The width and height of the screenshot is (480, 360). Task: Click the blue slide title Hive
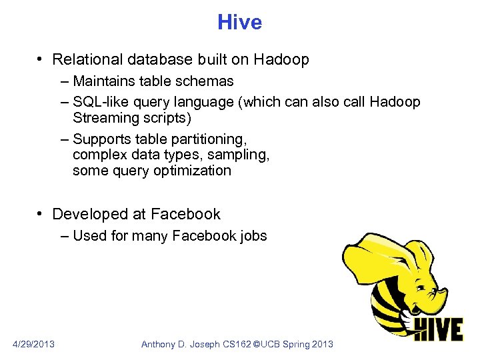tap(239, 23)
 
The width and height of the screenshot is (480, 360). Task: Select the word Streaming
tap(103, 119)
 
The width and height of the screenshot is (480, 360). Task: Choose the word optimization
tap(193, 171)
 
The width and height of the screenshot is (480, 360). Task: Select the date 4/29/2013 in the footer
tap(34, 344)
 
